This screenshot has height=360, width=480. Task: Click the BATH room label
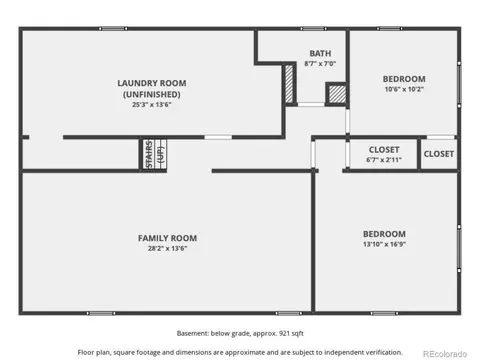(x=320, y=53)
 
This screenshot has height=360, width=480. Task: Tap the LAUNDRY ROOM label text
(x=152, y=83)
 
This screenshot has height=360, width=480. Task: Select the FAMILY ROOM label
(x=167, y=238)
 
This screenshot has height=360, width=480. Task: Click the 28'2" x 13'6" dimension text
(x=167, y=248)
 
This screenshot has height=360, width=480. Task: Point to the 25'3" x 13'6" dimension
(x=152, y=105)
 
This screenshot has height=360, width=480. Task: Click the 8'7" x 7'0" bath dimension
(x=320, y=63)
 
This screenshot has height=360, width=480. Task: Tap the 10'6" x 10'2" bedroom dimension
(x=404, y=89)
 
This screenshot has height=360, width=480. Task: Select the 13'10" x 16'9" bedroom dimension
(x=384, y=244)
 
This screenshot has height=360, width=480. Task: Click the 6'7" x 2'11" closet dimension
(x=384, y=160)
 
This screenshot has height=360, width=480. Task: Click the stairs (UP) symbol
(x=155, y=154)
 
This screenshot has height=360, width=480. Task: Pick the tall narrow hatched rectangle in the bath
(x=289, y=84)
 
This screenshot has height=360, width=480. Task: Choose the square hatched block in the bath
(x=337, y=94)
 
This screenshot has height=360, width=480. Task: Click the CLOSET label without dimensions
(x=439, y=154)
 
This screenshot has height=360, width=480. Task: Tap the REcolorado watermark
(x=445, y=354)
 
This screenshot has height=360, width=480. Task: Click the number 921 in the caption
(x=284, y=333)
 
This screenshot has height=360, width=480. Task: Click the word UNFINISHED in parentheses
(x=152, y=94)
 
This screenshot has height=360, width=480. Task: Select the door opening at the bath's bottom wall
(x=311, y=104)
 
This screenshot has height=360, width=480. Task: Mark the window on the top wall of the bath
(x=313, y=29)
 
